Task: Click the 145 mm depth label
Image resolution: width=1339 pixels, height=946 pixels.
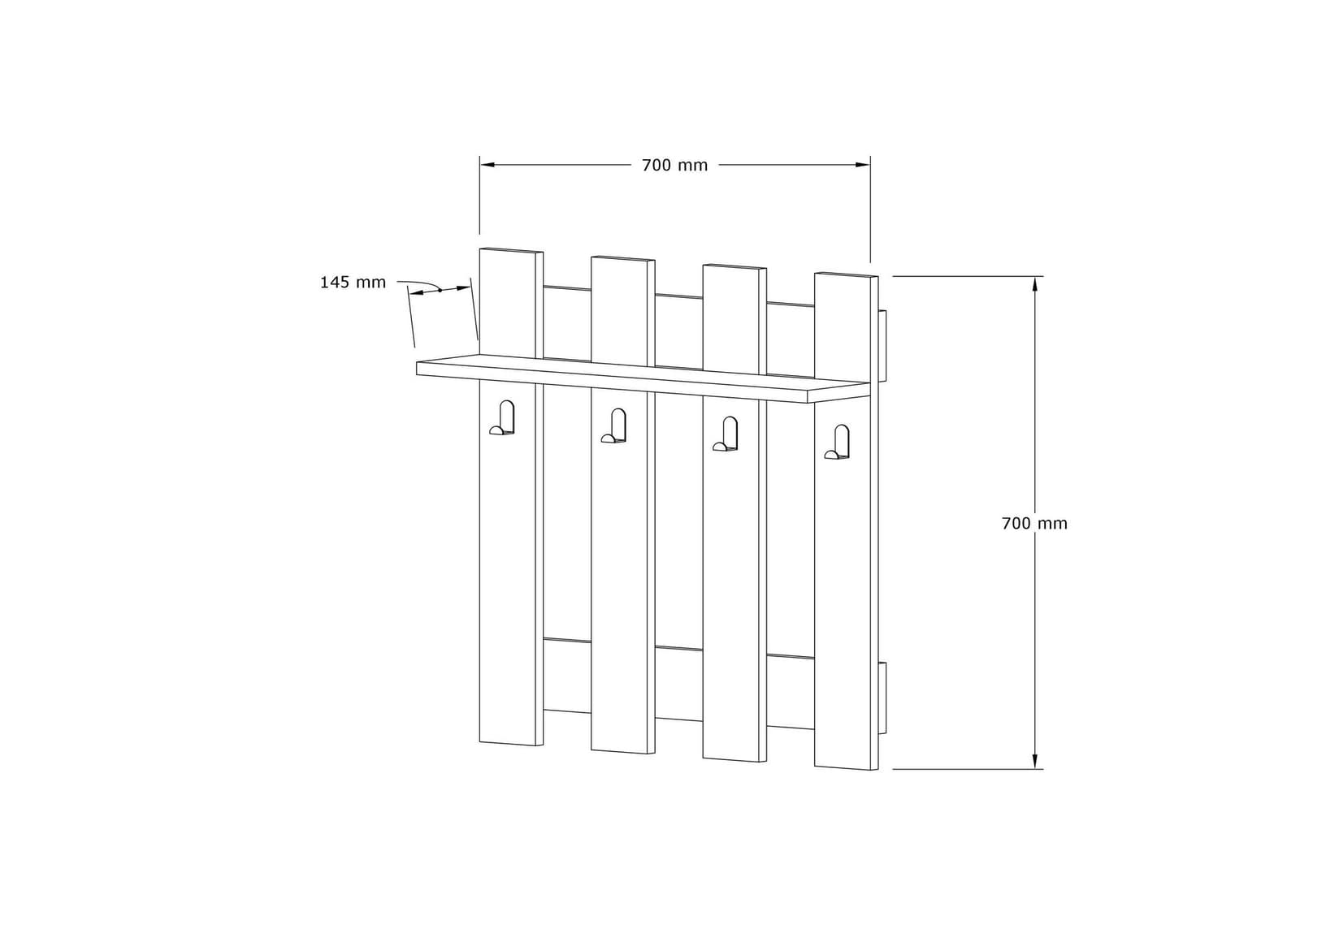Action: (x=353, y=283)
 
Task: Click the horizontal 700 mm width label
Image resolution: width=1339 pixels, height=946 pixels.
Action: (x=674, y=166)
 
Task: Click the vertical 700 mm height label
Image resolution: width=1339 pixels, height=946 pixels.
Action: (x=1034, y=524)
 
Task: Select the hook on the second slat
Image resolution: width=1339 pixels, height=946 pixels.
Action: (x=615, y=427)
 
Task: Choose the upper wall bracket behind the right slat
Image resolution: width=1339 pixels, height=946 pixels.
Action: (x=883, y=344)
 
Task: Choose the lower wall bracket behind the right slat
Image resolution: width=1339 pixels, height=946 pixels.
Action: (x=883, y=698)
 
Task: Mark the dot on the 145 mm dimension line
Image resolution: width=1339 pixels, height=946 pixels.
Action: (x=440, y=290)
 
